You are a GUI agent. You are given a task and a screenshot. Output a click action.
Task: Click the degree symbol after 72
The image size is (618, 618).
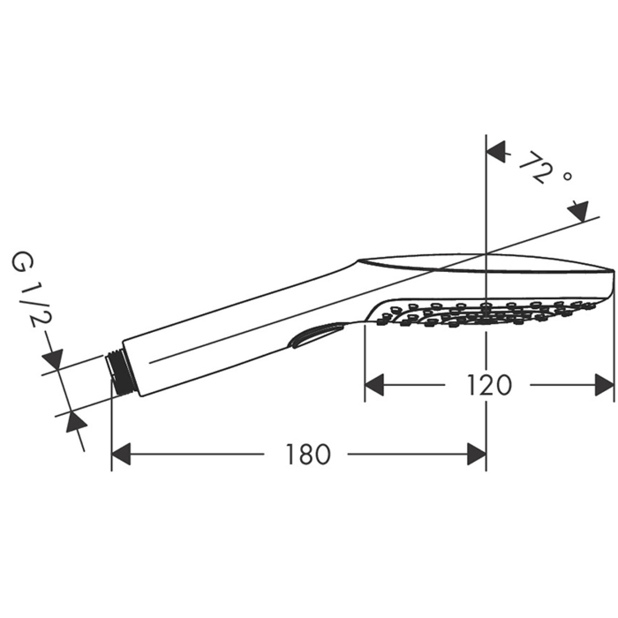(568, 176)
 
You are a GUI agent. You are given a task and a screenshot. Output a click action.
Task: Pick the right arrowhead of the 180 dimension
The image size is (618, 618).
(477, 454)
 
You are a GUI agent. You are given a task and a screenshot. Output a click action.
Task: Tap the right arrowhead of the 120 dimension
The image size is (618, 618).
(605, 385)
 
